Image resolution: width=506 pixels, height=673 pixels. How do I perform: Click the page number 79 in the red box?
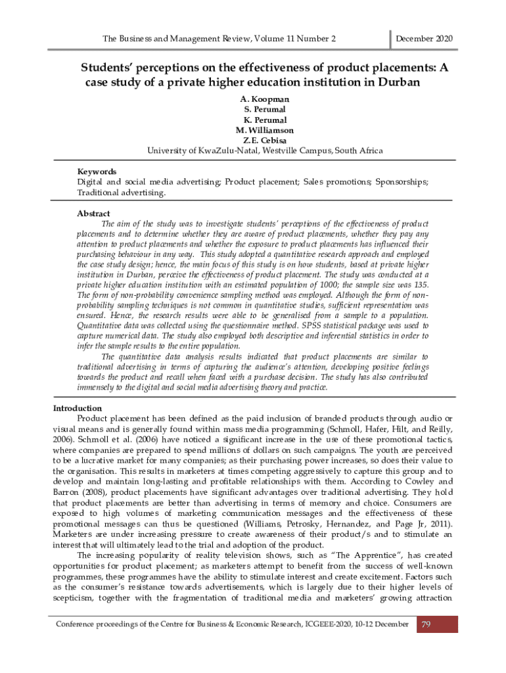click(x=426, y=624)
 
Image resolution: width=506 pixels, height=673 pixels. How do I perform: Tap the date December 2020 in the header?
click(x=424, y=39)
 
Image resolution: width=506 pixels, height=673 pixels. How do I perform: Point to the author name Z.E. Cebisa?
click(x=265, y=141)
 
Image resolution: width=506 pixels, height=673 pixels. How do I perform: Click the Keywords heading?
click(x=97, y=172)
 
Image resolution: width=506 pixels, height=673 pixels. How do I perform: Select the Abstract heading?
click(x=93, y=214)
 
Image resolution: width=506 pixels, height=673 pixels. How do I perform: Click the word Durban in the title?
click(x=398, y=82)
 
